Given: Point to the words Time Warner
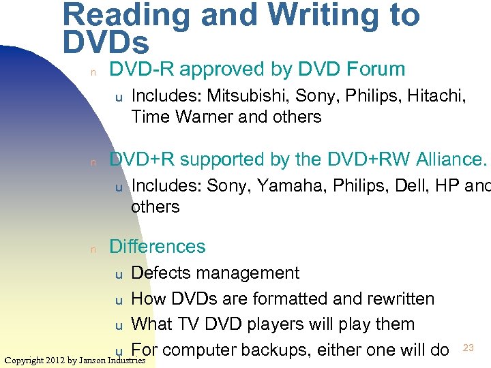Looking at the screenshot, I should click(x=175, y=117).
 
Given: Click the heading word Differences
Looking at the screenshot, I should click(x=157, y=246).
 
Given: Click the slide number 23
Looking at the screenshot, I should click(x=468, y=348).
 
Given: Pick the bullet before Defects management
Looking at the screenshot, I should click(x=118, y=275).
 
